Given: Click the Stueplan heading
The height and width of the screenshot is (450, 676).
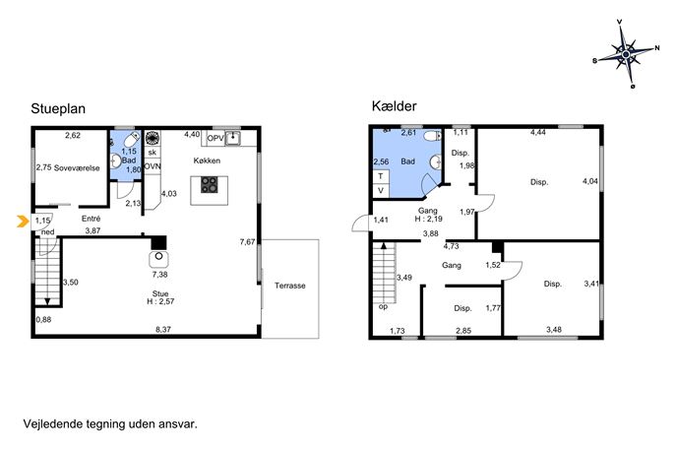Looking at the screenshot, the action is [x=58, y=108].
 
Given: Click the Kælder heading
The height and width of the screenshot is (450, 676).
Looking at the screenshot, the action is [x=394, y=106].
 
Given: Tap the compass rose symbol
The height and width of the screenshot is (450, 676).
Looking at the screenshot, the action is [x=627, y=54].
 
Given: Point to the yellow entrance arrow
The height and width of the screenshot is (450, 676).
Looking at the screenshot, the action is [x=22, y=221].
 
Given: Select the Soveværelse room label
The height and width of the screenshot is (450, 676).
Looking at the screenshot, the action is [x=77, y=168].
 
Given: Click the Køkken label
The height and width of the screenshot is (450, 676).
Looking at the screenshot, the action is [x=207, y=161].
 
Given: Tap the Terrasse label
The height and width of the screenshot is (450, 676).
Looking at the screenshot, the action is [x=290, y=286].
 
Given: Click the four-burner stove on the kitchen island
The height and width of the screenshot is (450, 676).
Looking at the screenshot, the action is [x=210, y=185].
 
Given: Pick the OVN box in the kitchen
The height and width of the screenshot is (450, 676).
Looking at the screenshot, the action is [x=153, y=166].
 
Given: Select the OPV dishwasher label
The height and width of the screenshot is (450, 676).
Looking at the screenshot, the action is [x=215, y=139].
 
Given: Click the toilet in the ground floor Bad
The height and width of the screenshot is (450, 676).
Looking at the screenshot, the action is [x=131, y=140].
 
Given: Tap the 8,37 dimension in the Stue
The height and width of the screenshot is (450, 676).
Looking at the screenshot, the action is [x=163, y=329].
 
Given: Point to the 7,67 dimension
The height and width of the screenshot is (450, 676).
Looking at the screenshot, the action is [x=247, y=242].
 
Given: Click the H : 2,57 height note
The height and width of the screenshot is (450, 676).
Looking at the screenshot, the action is [x=160, y=301].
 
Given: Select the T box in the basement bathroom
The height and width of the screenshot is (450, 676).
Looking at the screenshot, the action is [x=381, y=176].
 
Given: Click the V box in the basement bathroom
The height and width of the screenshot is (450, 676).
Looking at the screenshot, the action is [x=381, y=190].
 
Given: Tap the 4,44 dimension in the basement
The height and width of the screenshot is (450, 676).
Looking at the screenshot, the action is [x=538, y=133].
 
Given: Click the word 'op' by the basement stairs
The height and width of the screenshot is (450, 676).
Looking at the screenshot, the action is [x=383, y=307].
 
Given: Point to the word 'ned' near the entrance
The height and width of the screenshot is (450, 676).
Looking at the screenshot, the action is [x=48, y=232].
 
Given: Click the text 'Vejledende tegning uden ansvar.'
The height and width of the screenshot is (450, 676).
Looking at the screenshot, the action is [x=110, y=423].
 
